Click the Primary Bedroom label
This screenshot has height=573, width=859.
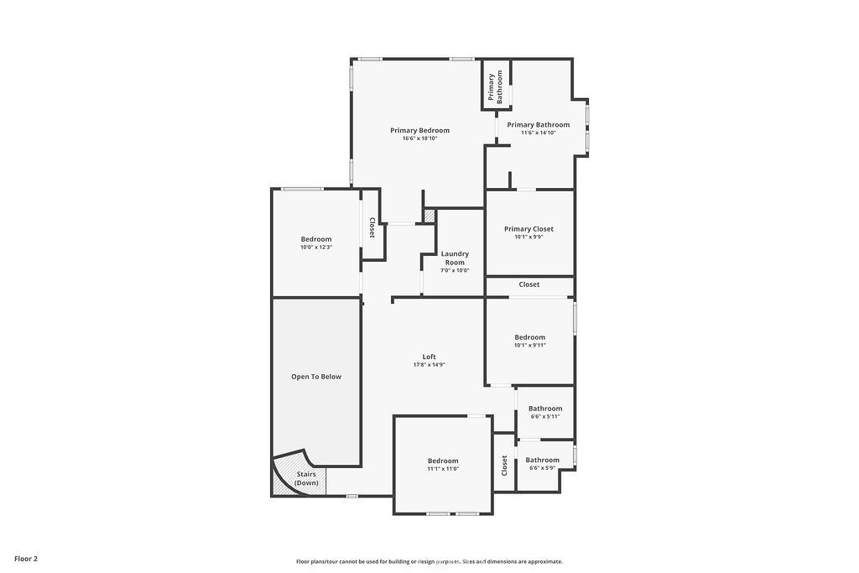tap(419, 130)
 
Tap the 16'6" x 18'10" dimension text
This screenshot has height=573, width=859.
tap(419, 138)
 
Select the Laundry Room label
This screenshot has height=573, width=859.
tap(455, 258)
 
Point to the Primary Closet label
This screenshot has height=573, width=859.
tap(528, 229)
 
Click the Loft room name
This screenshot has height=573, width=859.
tap(429, 357)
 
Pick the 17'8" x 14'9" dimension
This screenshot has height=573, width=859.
tap(429, 365)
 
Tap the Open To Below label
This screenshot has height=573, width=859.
tap(316, 377)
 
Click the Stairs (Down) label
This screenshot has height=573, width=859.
tap(306, 479)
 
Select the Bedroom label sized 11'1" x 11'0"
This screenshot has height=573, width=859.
tap(443, 461)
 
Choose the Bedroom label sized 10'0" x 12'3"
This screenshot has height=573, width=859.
tap(316, 239)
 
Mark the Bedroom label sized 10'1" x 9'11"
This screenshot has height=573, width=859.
tap(530, 337)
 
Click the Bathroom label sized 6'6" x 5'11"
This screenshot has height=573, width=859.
tap(545, 409)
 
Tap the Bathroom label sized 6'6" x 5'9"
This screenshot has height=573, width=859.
tap(543, 460)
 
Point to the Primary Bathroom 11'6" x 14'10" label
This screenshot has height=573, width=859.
tap(538, 125)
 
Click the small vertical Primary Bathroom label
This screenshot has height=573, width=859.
tap(495, 87)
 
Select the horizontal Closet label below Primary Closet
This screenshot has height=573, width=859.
tap(529, 284)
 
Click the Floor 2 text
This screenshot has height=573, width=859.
tap(26, 558)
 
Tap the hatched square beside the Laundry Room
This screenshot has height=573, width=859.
tap(429, 216)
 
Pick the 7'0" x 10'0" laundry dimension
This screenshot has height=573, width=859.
tap(455, 270)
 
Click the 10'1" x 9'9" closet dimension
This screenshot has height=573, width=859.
tap(528, 237)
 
